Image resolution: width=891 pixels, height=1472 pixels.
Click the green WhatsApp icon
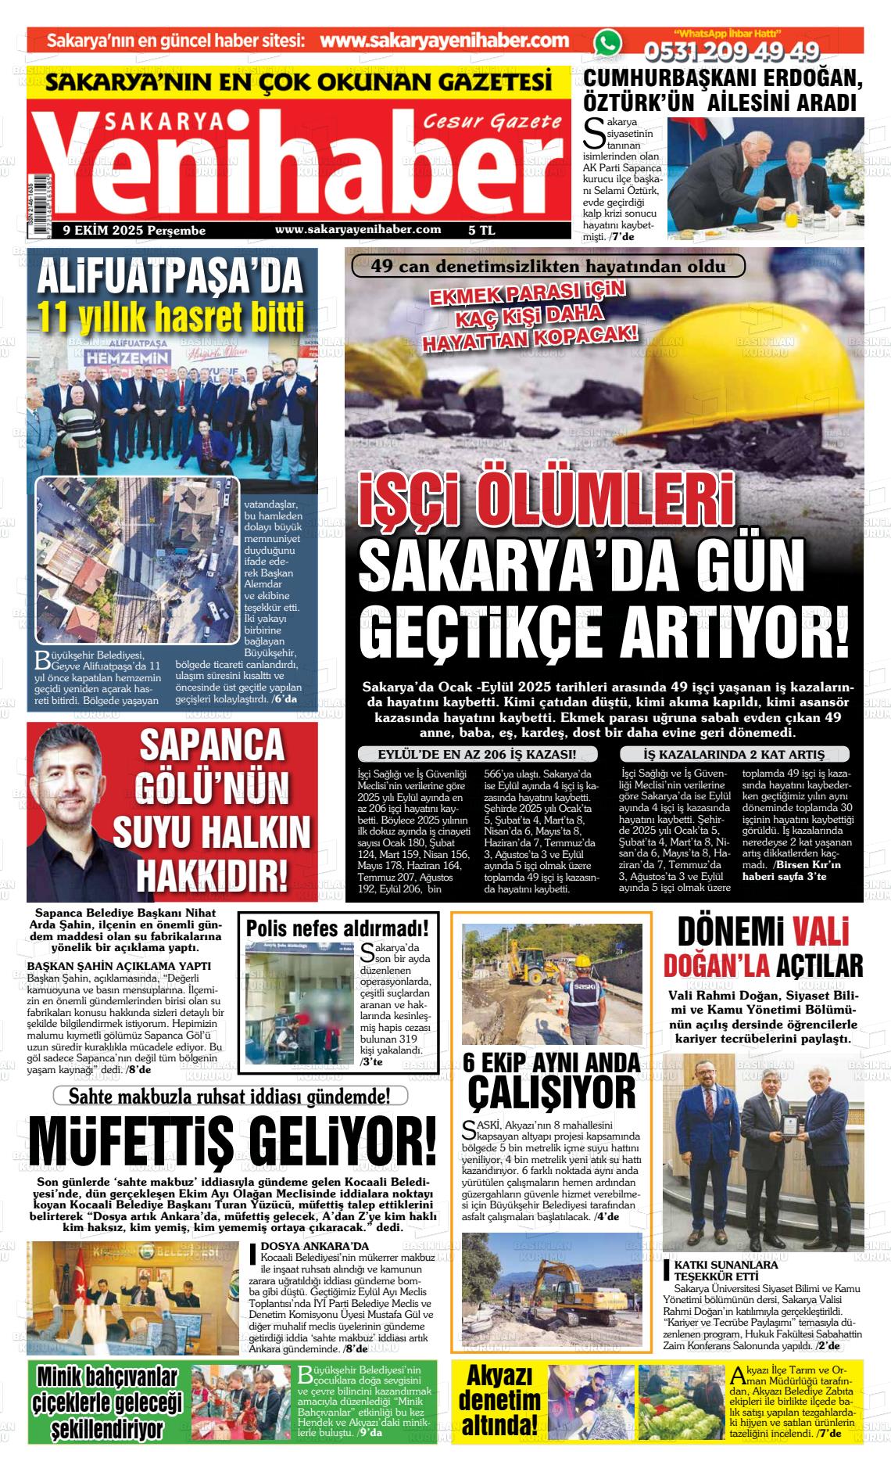tap(607, 42)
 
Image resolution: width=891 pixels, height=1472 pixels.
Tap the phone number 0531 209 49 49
tap(731, 52)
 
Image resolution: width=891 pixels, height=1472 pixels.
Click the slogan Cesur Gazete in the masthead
tap(492, 122)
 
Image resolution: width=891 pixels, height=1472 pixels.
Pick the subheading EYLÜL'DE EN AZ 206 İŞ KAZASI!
tap(477, 755)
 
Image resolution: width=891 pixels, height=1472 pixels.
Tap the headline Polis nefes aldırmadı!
tap(337, 928)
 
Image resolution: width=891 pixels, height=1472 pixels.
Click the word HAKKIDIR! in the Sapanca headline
tap(210, 873)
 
